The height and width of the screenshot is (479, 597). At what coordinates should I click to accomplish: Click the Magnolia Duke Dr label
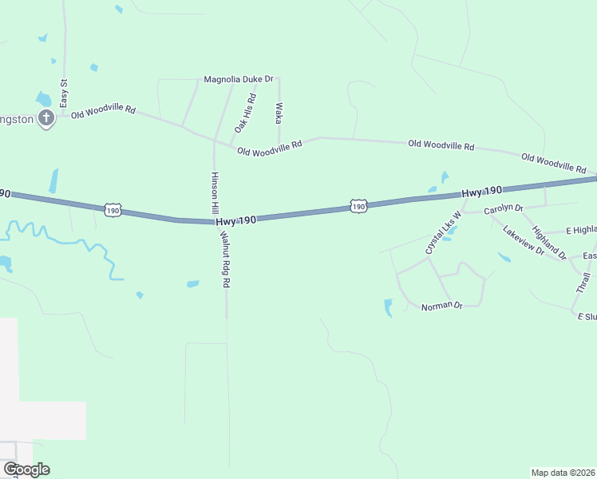(x=239, y=79)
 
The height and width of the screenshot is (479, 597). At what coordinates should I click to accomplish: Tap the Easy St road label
(x=62, y=94)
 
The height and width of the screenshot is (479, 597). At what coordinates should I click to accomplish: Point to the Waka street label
(x=279, y=113)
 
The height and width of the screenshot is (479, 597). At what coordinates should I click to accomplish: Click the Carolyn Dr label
(x=503, y=208)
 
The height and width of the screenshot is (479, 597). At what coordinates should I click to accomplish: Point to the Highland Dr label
(x=549, y=243)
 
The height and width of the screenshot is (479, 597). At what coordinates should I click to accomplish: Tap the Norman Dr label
(x=442, y=306)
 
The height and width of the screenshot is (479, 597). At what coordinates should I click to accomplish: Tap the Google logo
(x=26, y=469)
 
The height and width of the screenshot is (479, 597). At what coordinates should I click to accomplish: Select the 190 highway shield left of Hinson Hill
(x=113, y=210)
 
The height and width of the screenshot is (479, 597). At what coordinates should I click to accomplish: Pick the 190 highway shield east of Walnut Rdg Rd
(x=358, y=206)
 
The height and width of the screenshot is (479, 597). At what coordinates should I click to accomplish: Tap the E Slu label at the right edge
(x=587, y=317)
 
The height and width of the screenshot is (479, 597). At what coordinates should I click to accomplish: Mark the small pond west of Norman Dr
(x=389, y=307)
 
